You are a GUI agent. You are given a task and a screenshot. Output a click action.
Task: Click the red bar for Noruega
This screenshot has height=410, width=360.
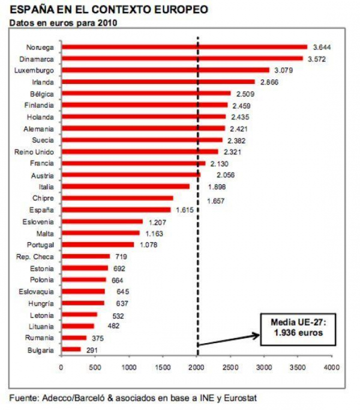point(184,47)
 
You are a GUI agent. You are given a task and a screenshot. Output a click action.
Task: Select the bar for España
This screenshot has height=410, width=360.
point(115,210)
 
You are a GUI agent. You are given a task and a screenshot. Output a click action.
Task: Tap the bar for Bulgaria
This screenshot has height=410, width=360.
point(70,350)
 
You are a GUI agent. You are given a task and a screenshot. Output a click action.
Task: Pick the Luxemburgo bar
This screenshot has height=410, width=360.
point(165,70)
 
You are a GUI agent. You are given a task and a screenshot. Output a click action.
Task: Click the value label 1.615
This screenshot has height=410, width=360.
point(185,210)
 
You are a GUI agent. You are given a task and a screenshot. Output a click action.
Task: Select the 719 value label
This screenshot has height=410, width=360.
point(121,257)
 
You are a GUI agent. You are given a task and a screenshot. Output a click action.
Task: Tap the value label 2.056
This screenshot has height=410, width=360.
point(224,175)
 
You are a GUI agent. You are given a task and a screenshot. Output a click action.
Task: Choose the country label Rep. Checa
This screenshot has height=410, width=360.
point(39,257)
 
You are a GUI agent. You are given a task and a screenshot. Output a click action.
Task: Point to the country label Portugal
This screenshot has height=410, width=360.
point(41,245)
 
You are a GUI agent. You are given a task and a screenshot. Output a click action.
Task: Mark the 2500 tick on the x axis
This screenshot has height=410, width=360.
point(230,367)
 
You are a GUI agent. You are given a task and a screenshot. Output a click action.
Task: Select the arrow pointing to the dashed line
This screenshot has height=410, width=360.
point(230,340)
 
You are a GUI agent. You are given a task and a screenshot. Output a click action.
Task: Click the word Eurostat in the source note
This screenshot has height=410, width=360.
point(241,398)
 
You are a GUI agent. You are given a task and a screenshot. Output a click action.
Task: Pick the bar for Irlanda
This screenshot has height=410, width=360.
point(158,82)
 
